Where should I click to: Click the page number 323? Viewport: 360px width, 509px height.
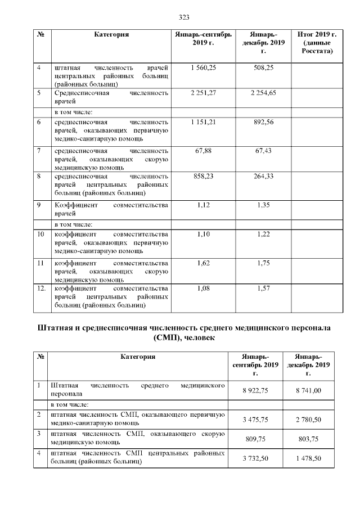coord(183,16)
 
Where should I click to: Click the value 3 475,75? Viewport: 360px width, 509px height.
coord(255,419)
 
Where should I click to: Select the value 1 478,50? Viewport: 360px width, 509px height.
coord(308,458)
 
